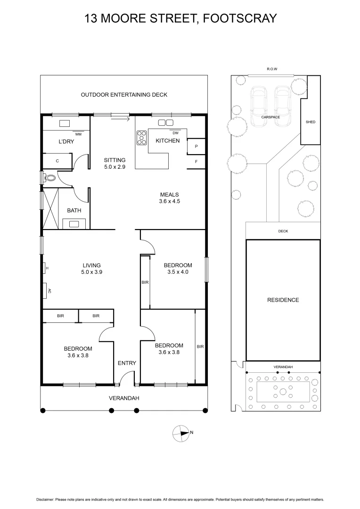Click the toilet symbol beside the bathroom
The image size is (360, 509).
(49, 178)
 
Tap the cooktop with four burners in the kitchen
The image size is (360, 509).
(141, 137)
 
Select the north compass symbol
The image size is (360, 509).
(181, 433)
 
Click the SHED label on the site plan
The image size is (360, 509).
(311, 122)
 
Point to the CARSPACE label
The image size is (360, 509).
(270, 117)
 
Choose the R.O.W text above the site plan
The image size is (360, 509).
(272, 69)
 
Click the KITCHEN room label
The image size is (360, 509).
(167, 140)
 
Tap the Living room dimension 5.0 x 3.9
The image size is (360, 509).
(91, 272)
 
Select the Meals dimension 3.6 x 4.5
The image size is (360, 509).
(170, 201)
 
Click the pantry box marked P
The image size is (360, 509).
(196, 147)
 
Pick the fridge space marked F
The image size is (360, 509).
(196, 161)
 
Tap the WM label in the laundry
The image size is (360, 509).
(78, 134)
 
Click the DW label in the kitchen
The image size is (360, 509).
(176, 133)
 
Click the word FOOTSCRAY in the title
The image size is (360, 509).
(240, 18)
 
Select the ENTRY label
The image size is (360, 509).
(127, 363)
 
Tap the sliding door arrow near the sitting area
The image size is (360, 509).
(121, 119)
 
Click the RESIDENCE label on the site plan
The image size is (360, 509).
(283, 300)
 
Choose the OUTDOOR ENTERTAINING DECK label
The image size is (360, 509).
(124, 95)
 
